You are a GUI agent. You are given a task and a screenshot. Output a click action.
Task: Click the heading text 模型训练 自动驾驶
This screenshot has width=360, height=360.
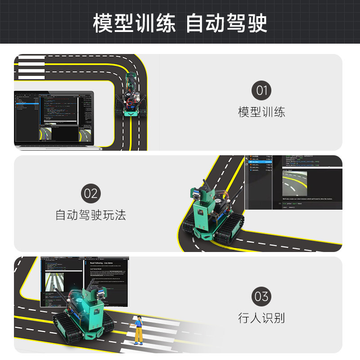click(180, 23)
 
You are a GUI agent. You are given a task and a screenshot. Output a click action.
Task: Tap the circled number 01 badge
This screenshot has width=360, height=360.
click(261, 90)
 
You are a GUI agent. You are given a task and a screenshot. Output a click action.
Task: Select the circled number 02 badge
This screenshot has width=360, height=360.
click(90, 193)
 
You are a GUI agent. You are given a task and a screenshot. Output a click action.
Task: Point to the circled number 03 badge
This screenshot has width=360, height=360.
click(261, 297)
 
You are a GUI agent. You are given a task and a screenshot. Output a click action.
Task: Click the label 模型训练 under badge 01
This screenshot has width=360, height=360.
click(261, 112)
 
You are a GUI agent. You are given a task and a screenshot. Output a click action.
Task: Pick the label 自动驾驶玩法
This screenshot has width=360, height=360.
click(90, 215)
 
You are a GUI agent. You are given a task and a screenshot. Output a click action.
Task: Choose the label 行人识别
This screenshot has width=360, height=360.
click(261, 319)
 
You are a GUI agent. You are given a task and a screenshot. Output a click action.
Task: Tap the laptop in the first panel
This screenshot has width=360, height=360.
click(54, 119)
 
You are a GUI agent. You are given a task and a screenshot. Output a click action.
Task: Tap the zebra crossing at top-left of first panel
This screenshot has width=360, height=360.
click(31, 67)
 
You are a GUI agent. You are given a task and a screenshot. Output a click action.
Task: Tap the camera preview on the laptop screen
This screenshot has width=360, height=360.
click(47, 133)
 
